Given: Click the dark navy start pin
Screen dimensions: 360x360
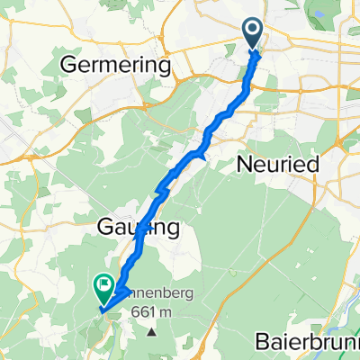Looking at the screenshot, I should tap(253, 34).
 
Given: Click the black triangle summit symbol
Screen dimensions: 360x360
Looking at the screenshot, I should tap(151, 331).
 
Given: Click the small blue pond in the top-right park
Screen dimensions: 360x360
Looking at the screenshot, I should tap(317, 12).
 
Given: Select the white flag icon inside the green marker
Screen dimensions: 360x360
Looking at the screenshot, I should tap(104, 287).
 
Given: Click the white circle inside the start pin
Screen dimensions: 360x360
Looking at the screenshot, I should tap(253, 31).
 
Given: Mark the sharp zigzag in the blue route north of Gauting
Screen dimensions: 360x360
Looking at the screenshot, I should tap(162, 188).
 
